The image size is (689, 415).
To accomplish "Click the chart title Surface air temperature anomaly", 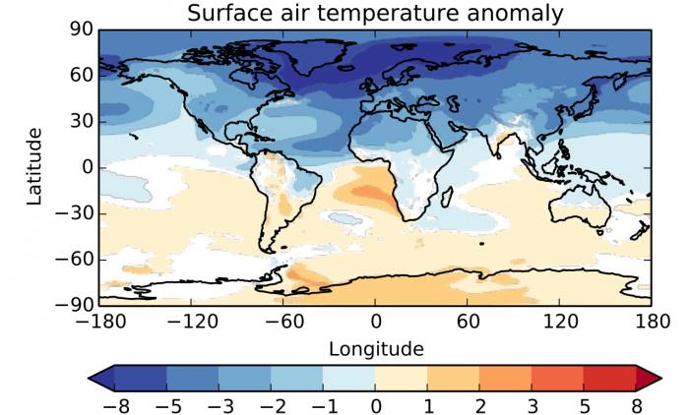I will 375,14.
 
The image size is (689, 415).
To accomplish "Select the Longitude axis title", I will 375,348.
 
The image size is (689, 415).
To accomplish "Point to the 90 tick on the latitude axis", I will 81,30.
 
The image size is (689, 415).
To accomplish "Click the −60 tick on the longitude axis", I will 282,322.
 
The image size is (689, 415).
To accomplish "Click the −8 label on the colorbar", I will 114,404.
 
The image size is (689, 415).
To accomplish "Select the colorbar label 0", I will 375,404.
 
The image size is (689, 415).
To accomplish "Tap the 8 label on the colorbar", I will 636,404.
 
